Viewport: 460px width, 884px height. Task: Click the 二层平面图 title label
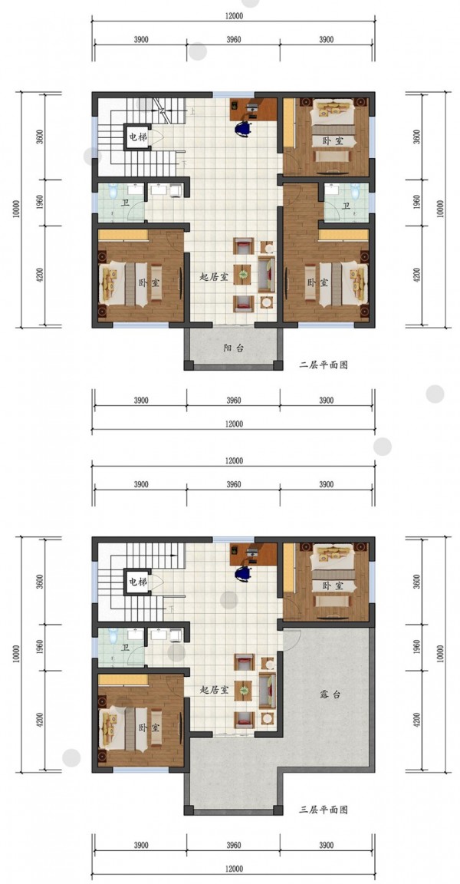(324, 364)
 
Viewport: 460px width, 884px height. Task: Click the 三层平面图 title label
(324, 810)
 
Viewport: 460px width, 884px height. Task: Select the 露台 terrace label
(330, 696)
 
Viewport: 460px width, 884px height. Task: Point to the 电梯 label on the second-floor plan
(136, 137)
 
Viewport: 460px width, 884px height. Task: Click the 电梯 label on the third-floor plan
(136, 581)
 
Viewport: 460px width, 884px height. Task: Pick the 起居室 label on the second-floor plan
(214, 277)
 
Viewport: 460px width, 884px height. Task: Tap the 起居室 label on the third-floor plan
(214, 690)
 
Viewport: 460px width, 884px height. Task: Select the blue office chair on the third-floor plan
(243, 573)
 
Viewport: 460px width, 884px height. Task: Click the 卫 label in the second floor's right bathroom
(347, 206)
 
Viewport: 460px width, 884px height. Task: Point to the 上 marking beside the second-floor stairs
(192, 111)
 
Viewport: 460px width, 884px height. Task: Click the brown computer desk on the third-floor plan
(253, 553)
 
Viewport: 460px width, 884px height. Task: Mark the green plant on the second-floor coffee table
(243, 275)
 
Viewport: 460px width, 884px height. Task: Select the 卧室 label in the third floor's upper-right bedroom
(333, 585)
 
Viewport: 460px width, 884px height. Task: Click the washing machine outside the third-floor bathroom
(175, 635)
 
